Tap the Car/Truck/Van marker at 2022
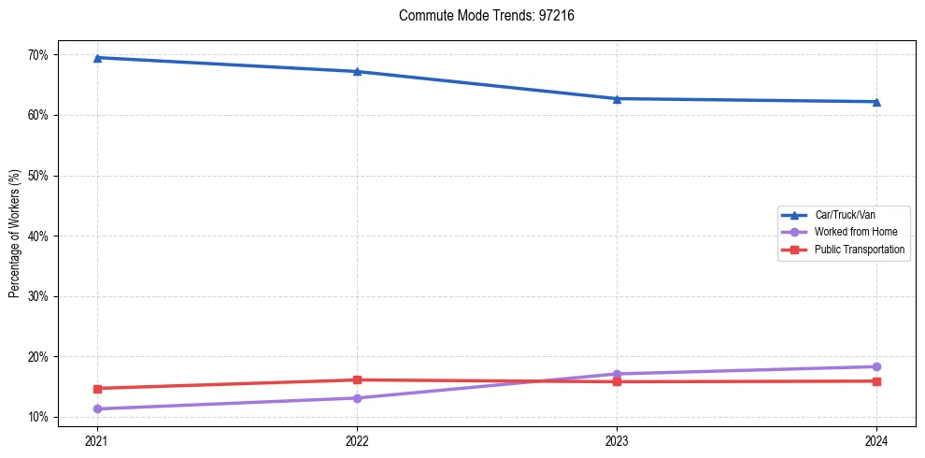356,71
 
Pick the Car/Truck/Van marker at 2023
617,98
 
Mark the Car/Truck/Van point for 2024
876,102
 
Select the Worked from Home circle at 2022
356,398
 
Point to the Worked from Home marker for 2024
876,366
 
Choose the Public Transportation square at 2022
356,379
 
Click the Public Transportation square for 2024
876,380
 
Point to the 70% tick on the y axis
38,55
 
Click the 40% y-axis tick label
38,236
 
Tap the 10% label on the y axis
38,417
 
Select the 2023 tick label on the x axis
617,439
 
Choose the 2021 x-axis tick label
96,439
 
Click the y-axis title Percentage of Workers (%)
15,234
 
